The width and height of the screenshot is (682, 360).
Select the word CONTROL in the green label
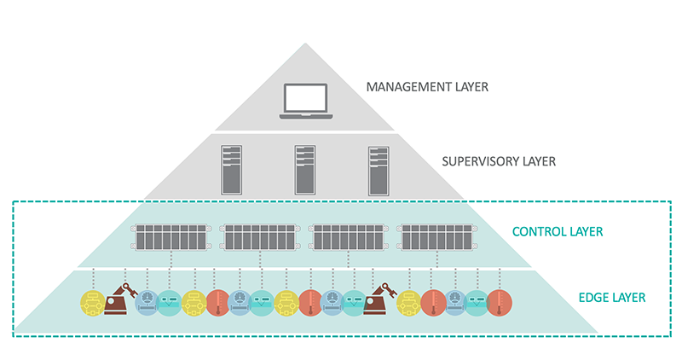[x=544, y=231]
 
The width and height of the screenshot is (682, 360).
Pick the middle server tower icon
[x=305, y=168]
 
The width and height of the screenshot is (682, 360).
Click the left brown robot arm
[x=118, y=299]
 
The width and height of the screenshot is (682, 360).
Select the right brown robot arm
[x=379, y=299]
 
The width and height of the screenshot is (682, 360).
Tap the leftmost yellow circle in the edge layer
[x=91, y=302]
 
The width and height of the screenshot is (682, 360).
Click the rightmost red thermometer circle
[x=499, y=302]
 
